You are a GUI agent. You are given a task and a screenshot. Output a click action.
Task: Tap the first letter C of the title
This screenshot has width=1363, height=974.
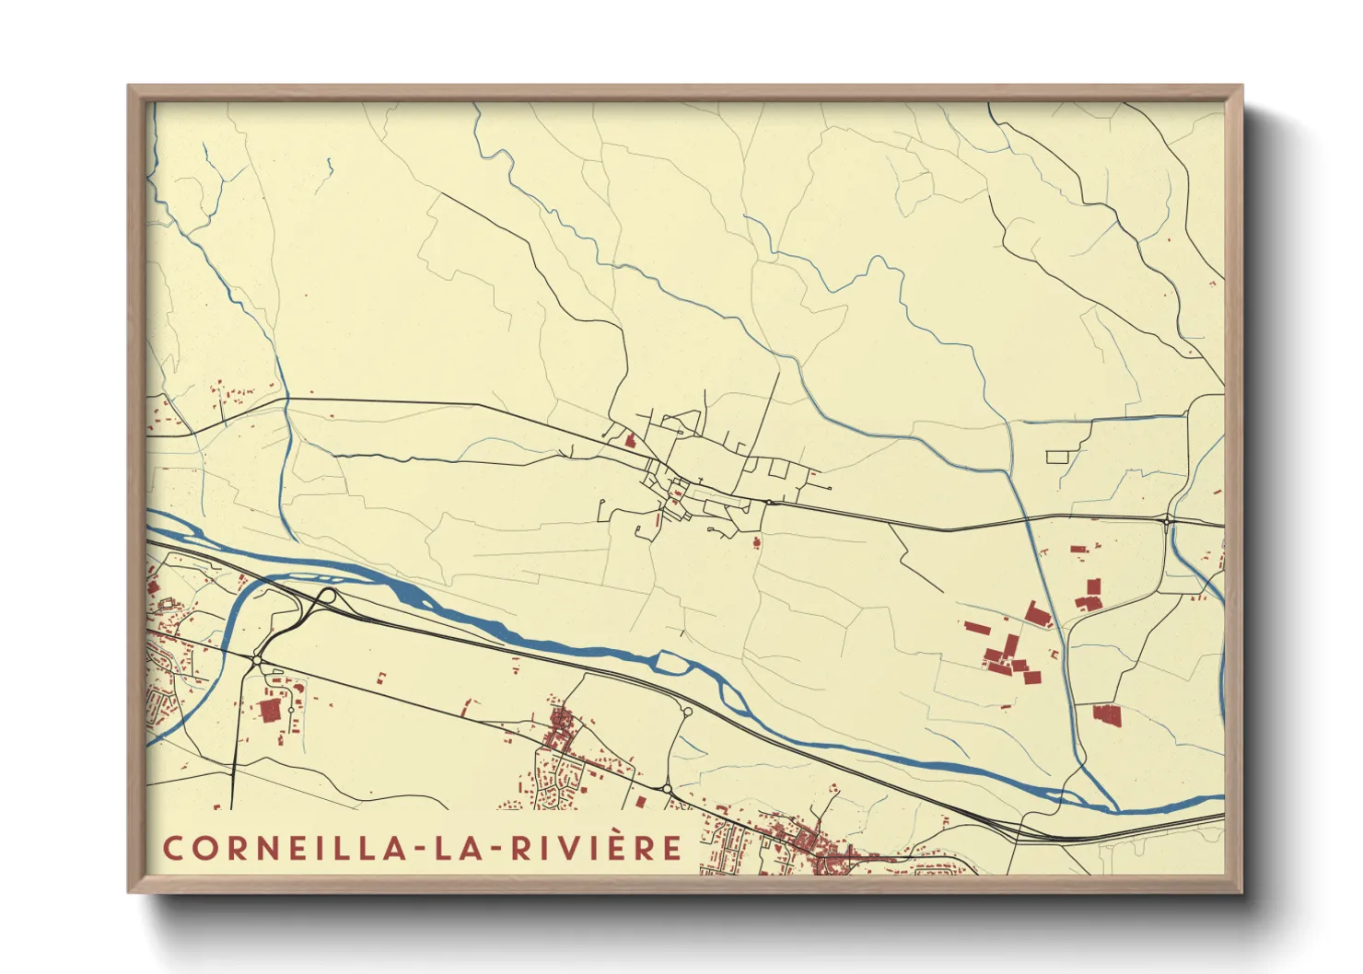(172, 848)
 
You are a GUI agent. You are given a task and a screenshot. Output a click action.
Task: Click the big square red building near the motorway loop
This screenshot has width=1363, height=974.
(269, 710)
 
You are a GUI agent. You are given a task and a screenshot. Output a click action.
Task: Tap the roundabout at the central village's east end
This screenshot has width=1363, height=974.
(767, 502)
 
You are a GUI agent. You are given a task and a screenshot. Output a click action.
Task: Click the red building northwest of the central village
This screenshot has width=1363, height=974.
(630, 440)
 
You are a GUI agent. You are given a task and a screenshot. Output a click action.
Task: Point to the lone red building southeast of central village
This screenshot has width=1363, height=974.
(757, 542)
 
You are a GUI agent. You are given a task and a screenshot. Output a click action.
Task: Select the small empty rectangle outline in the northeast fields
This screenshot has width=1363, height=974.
(1057, 456)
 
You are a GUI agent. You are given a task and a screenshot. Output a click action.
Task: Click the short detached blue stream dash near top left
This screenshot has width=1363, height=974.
(330, 166)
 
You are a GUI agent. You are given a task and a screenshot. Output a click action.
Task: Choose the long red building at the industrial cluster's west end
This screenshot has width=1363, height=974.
(977, 628)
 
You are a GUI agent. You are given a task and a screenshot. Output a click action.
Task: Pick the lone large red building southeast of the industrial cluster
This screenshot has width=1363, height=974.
(1107, 714)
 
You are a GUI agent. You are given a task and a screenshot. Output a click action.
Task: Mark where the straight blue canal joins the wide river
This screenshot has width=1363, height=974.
(1117, 809)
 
